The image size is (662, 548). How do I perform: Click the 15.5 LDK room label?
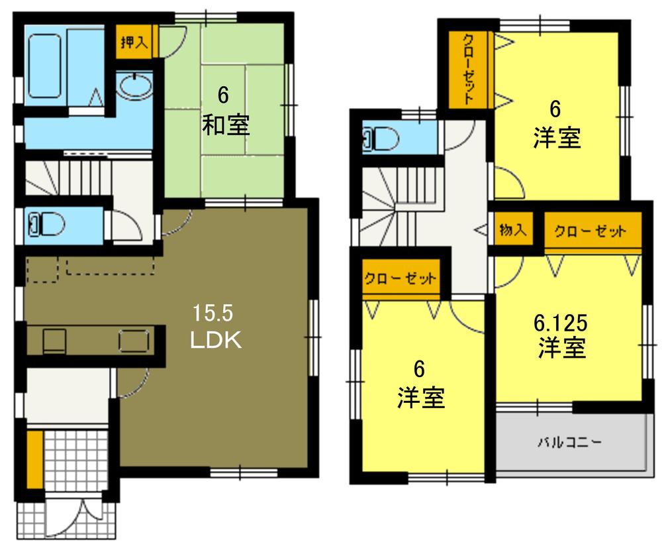tap(216, 327)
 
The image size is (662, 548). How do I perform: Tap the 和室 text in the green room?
tap(225, 125)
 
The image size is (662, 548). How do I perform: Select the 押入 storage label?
tap(134, 42)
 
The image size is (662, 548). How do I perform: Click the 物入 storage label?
tap(512, 231)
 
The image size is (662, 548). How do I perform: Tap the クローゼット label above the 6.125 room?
tap(590, 231)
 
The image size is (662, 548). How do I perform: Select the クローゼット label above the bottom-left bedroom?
tap(400, 278)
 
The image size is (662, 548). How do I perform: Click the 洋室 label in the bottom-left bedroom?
tap(420, 398)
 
